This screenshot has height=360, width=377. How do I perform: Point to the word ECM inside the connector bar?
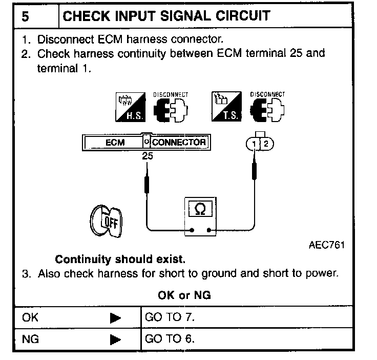tap(115, 143)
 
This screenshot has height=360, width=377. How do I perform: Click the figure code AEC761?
tap(326, 245)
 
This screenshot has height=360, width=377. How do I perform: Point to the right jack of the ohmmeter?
tap(208, 230)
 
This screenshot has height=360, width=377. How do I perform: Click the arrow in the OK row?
tap(115, 318)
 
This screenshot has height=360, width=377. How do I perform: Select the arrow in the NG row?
tap(115, 339)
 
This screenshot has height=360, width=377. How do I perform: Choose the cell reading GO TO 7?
tap(170, 318)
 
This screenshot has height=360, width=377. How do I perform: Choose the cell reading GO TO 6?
tap(170, 339)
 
